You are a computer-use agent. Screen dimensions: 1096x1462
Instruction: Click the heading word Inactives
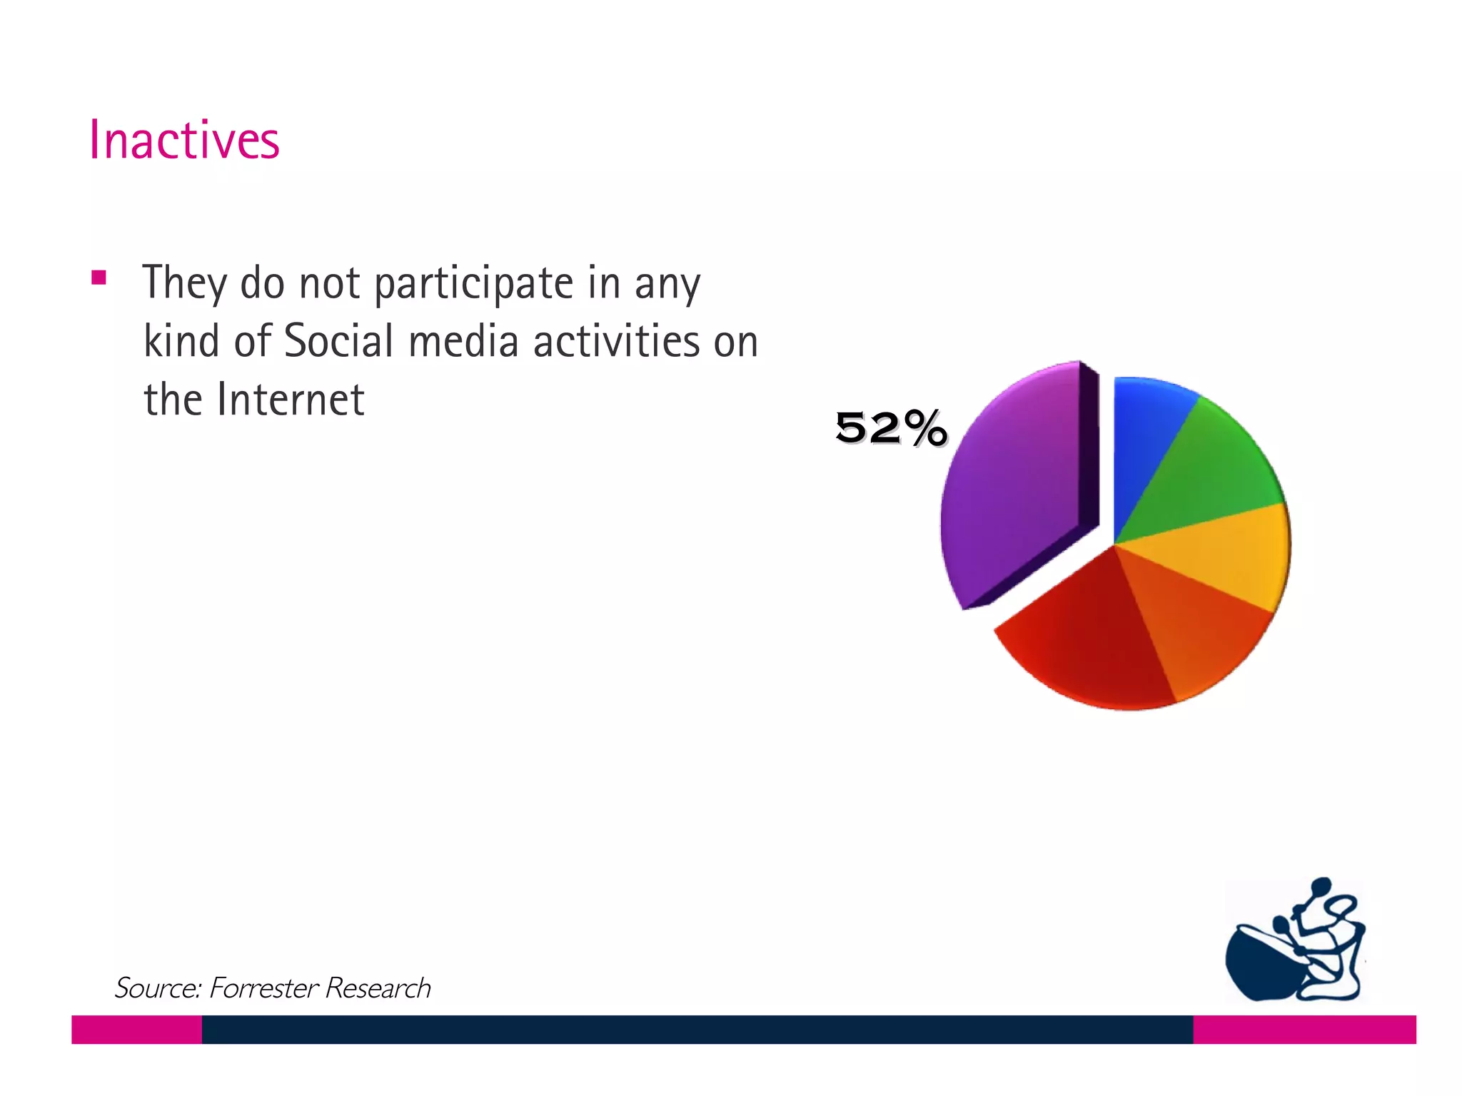(184, 140)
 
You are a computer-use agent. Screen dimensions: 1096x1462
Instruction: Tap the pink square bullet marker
(99, 278)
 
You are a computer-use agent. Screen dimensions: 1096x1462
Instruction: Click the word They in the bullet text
(184, 283)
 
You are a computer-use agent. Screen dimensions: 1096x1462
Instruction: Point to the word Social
(338, 341)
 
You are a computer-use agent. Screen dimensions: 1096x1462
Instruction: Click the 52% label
(891, 428)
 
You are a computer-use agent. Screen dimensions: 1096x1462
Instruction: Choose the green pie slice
(1206, 471)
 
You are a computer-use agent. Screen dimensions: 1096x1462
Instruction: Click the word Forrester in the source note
(263, 988)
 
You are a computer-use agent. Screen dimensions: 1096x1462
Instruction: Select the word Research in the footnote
(378, 988)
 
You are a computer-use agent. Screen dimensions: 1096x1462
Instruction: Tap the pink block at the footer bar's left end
(136, 1029)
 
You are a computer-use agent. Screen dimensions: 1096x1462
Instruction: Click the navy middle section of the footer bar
(697, 1029)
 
